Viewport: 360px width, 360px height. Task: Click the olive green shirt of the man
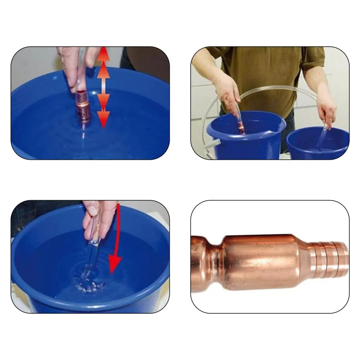pos(270,72)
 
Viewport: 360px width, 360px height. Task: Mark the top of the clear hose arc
pos(261,88)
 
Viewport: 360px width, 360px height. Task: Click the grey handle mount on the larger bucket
pos(215,143)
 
